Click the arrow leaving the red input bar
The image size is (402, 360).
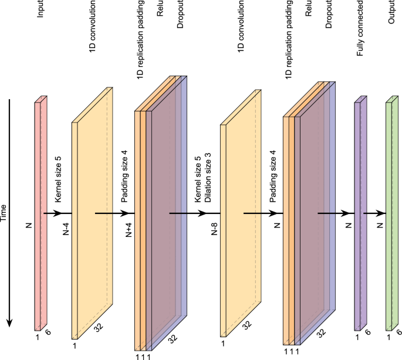coord(58,213)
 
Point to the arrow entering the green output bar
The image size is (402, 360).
coord(376,213)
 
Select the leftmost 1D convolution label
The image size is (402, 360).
coord(92,33)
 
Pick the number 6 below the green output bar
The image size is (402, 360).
coord(400,332)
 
